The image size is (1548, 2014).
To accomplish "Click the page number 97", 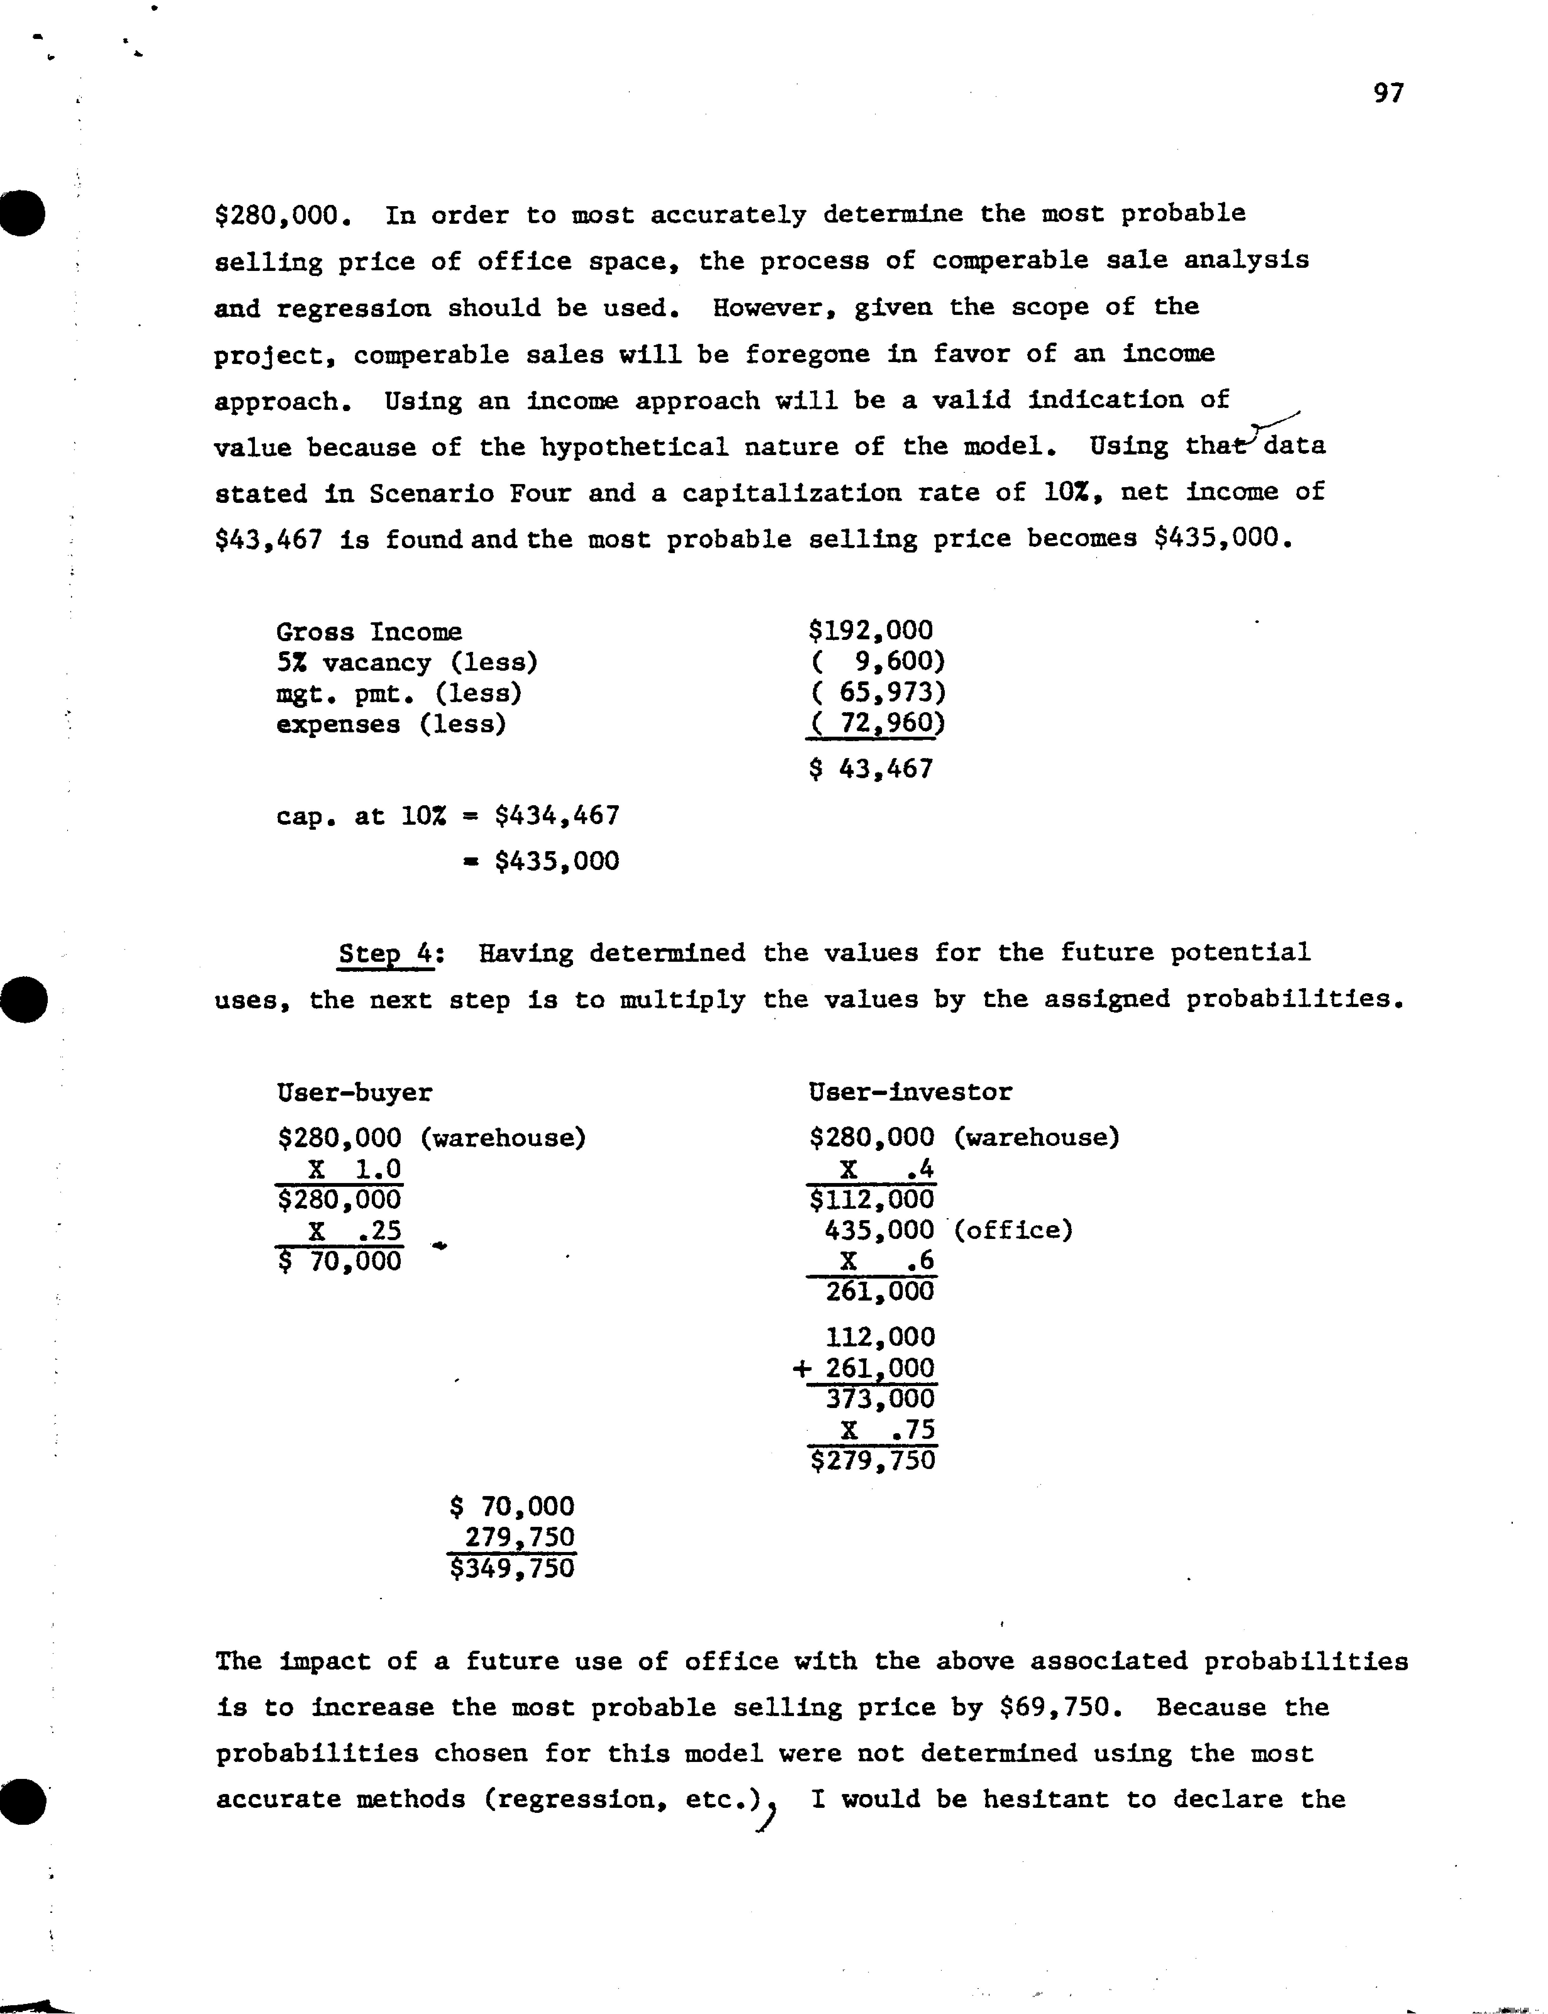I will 1388,93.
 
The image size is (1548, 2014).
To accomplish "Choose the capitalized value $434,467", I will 557,815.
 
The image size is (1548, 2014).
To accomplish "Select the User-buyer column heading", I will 354,1093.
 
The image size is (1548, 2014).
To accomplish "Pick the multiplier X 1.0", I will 355,1169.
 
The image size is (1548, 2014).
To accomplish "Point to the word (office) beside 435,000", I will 1013,1230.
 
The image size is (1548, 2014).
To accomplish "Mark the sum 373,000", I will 880,1399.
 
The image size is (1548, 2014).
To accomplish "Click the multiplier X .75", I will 886,1430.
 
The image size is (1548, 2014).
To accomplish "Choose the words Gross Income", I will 369,632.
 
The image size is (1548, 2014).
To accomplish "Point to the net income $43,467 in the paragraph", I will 268,539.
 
